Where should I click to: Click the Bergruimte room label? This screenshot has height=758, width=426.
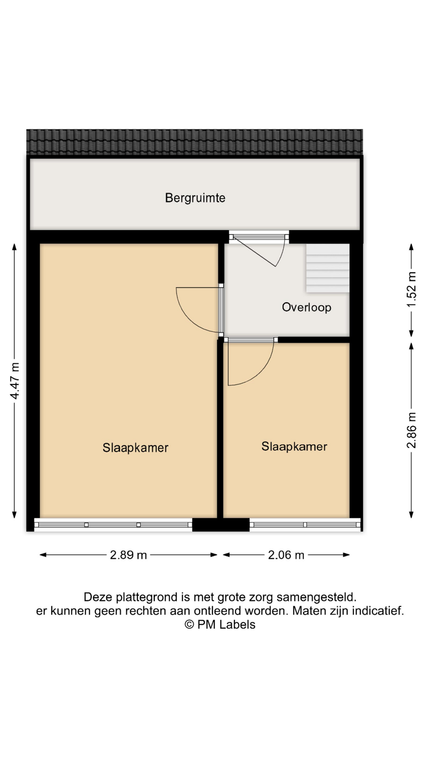[195, 197]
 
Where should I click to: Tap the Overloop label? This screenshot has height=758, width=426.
[306, 307]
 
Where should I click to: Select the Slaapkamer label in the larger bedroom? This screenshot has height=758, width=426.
[135, 448]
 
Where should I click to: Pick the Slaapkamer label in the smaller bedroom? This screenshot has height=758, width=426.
[294, 447]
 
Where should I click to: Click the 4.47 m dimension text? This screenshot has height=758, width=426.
[15, 381]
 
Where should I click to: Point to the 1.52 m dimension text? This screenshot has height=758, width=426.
[411, 289]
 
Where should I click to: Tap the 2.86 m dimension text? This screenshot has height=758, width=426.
[411, 430]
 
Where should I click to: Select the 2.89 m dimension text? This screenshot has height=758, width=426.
[128, 555]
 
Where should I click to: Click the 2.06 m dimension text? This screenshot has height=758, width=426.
[286, 555]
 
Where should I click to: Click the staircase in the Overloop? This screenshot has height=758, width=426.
[328, 268]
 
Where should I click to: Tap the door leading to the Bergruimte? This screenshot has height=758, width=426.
[259, 249]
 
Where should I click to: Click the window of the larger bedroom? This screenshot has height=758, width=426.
[113, 525]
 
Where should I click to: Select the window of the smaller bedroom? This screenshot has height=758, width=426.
[305, 525]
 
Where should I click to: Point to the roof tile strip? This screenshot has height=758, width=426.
[194, 142]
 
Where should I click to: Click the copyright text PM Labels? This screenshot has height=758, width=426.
[220, 625]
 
